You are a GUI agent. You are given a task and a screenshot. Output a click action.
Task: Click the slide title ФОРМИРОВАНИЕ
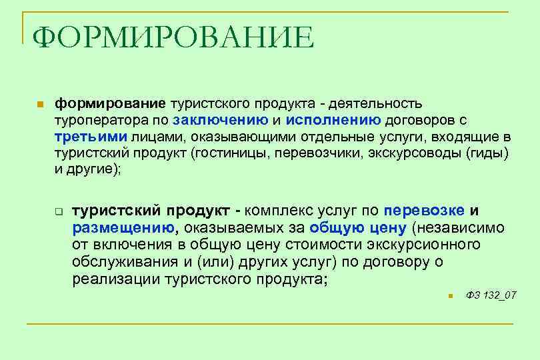click(x=173, y=38)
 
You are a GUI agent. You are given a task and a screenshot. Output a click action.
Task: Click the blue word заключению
click(x=220, y=120)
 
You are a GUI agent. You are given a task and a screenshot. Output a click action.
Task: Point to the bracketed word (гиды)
click(x=487, y=153)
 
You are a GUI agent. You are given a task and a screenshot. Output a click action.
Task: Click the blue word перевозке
click(x=424, y=211)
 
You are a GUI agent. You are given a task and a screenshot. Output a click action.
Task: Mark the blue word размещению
click(x=123, y=228)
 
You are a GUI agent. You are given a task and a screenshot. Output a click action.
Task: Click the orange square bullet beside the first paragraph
click(x=40, y=105)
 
